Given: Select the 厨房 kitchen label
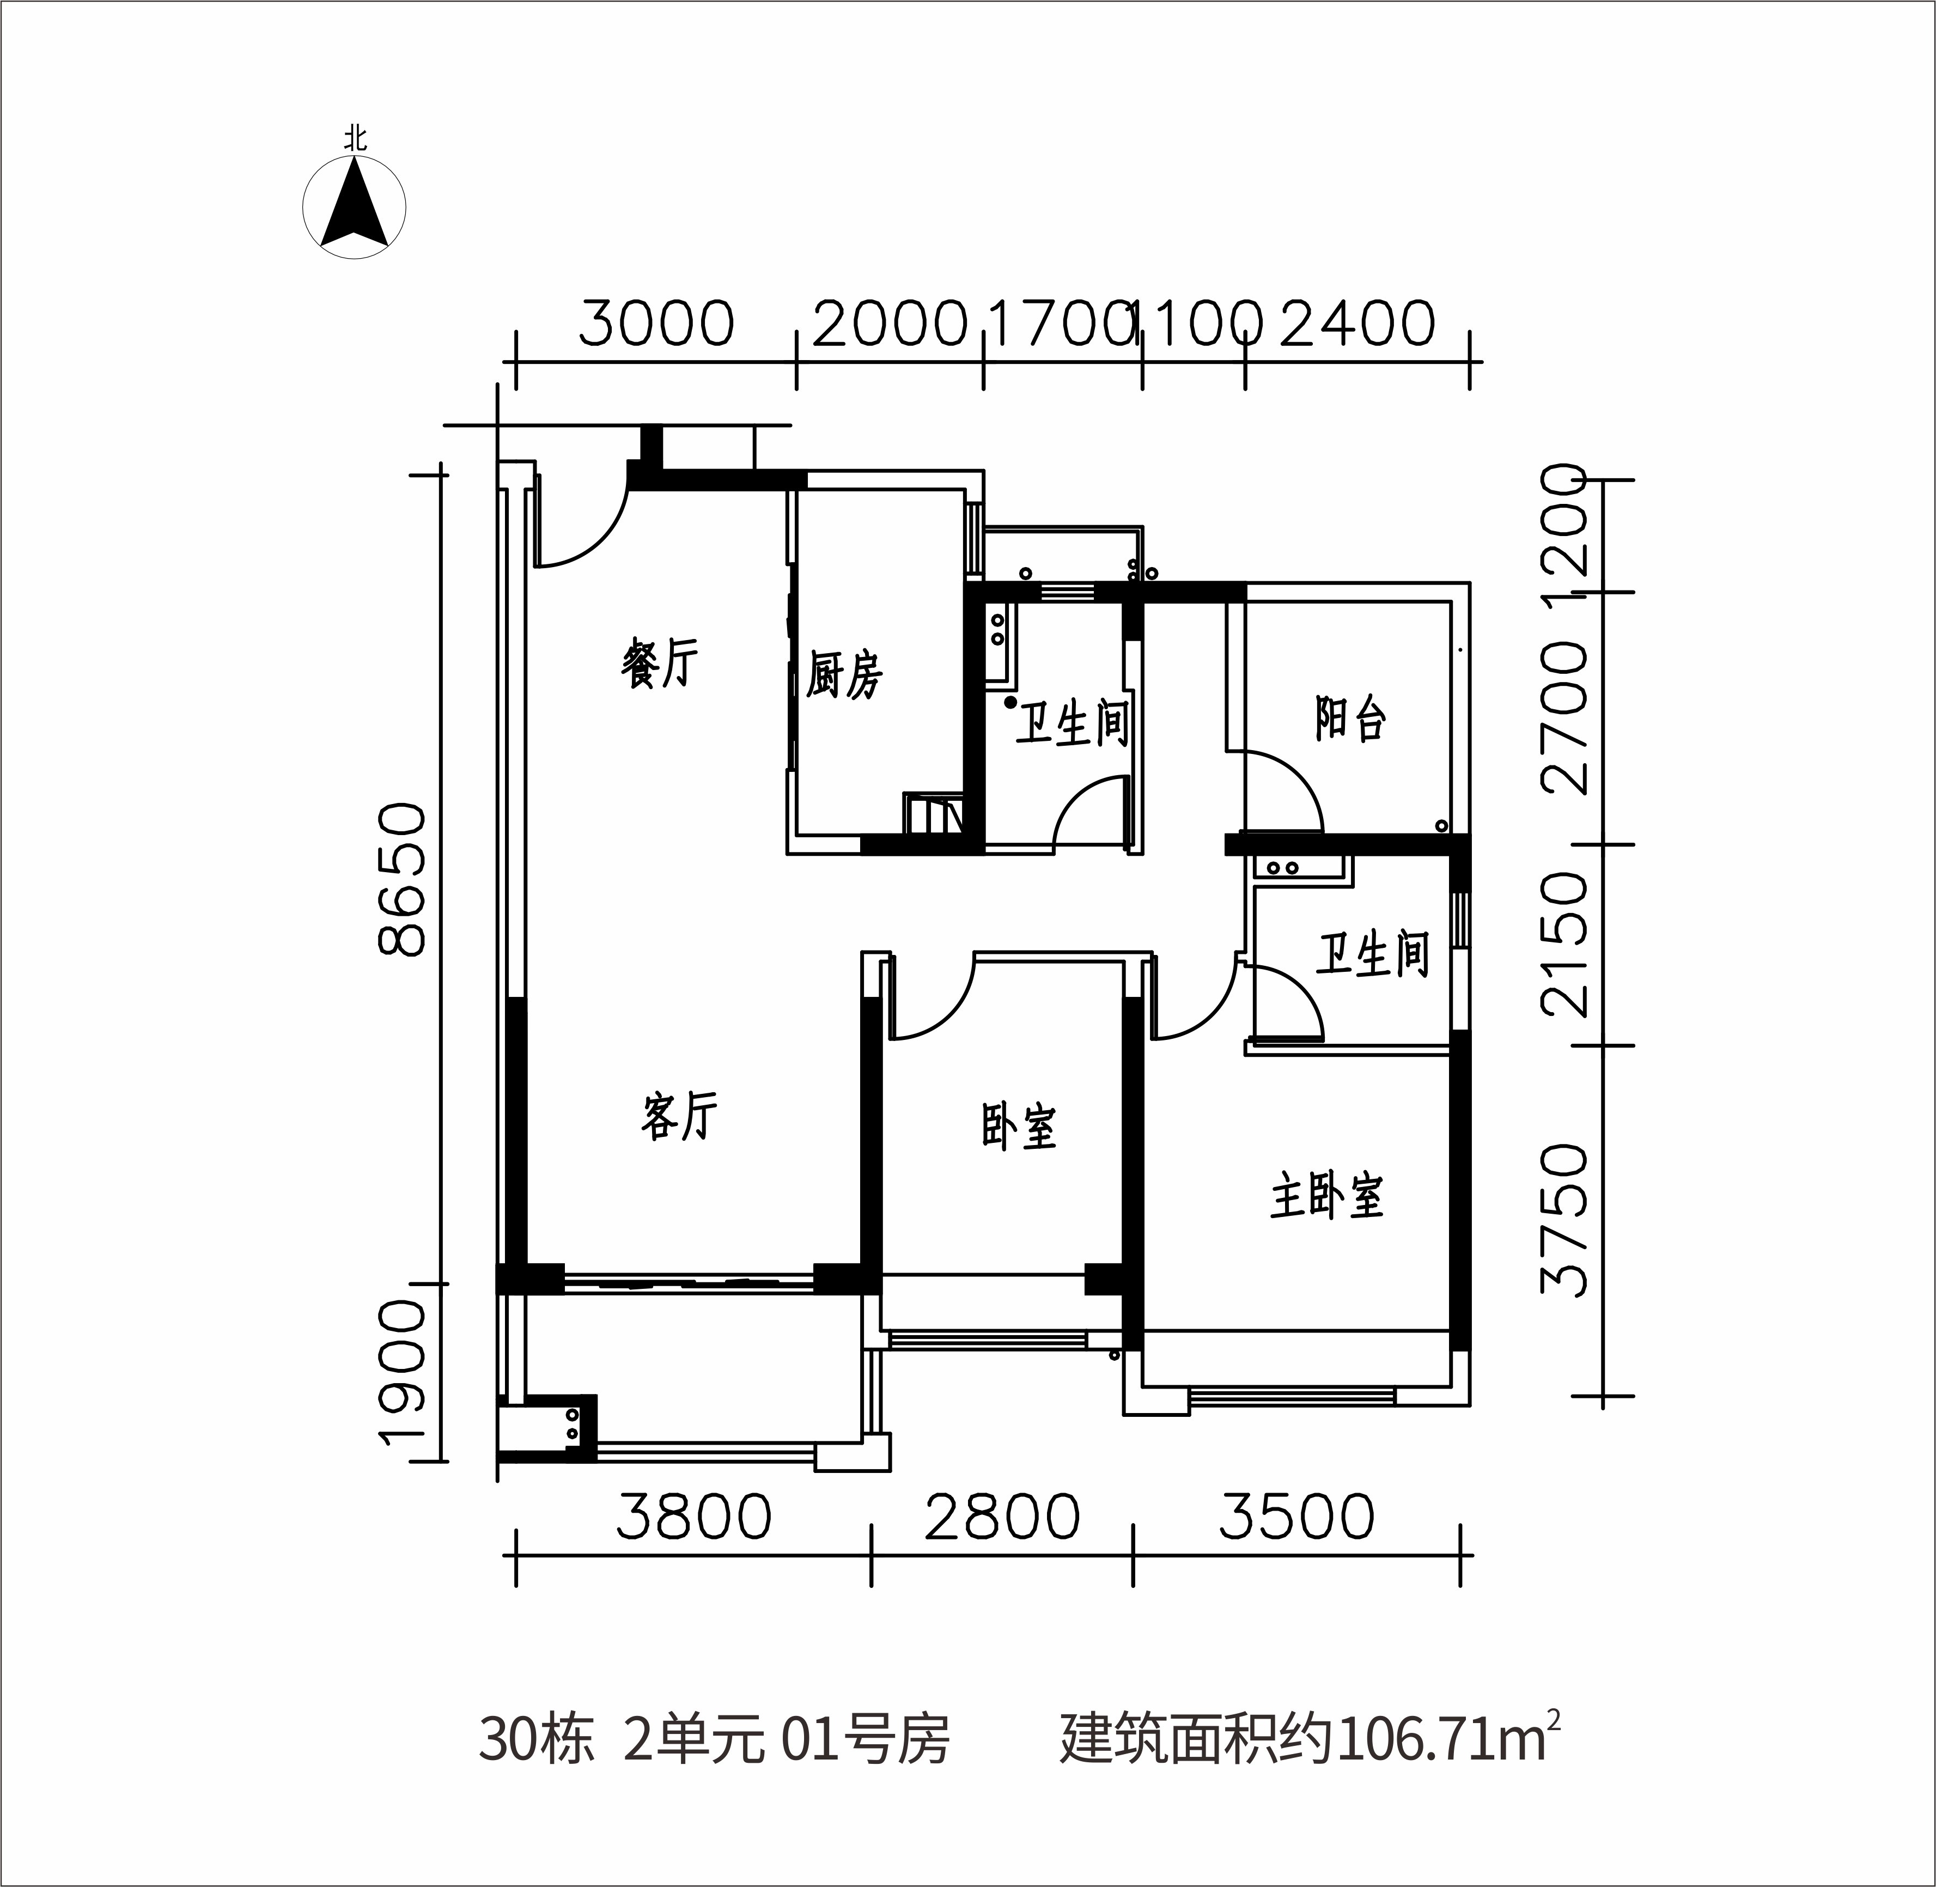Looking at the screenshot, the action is point(844,675).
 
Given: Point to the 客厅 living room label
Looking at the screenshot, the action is point(679,1116).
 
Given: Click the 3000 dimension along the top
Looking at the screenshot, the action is point(656,323).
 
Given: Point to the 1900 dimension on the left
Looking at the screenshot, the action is point(401,1385).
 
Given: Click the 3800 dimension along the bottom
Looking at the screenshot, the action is point(694,1517).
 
